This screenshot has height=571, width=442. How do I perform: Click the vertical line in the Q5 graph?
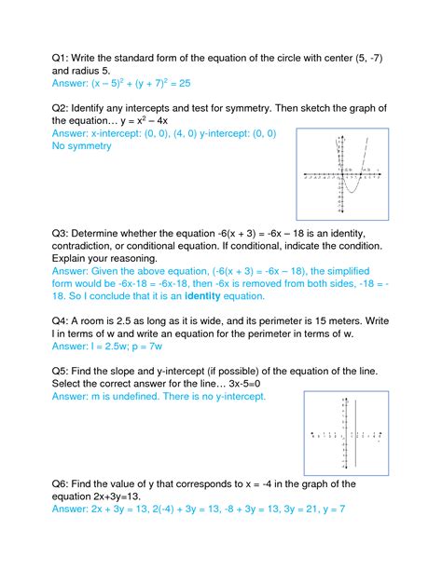click(355, 435)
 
